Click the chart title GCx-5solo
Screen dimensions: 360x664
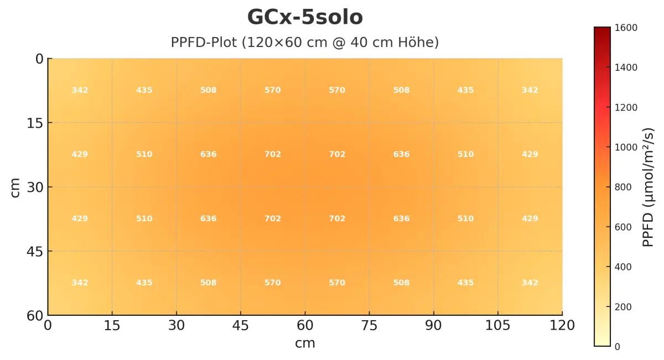tap(305, 18)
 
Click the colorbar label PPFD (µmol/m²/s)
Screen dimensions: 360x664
tap(648, 187)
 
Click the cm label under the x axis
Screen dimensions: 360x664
tap(305, 343)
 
